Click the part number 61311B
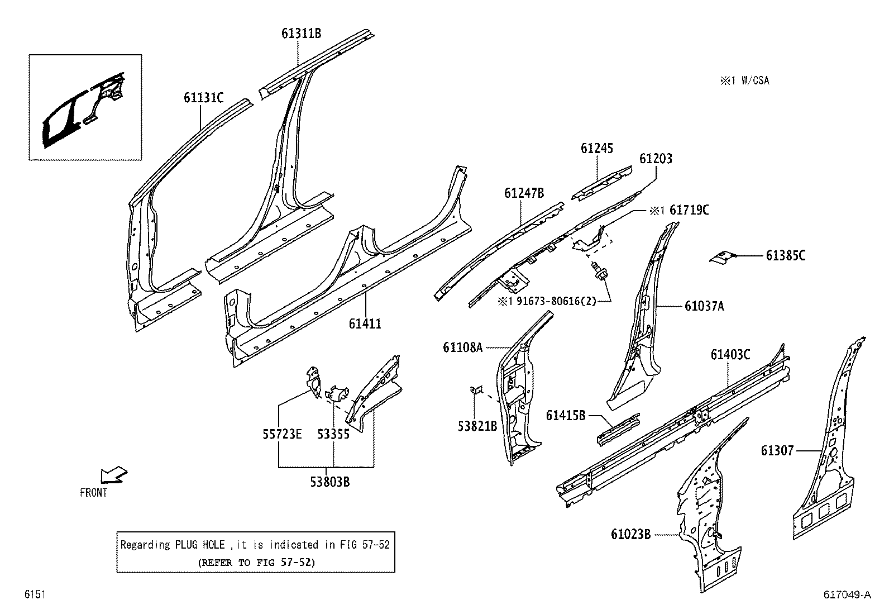301,34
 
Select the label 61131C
203,98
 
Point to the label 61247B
524,193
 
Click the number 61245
596,149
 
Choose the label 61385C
785,255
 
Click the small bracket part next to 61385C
721,256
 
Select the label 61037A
704,306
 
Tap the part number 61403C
730,354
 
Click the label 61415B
566,415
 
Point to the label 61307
777,450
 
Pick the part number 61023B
630,535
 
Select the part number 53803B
330,482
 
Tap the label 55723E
282,434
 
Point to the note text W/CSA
754,81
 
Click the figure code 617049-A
847,595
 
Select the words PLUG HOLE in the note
199,545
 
